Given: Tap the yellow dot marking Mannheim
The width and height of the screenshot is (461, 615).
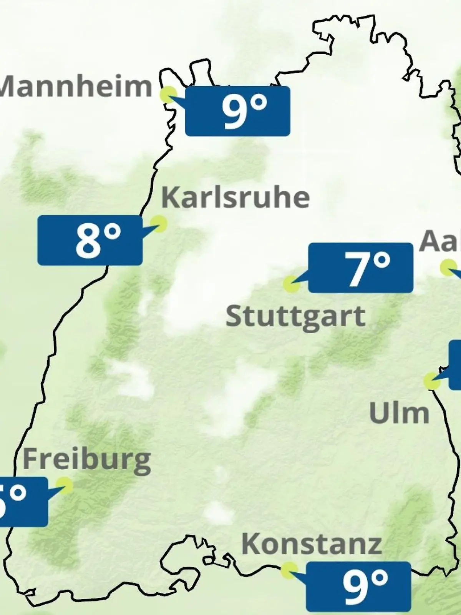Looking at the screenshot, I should pos(168,94).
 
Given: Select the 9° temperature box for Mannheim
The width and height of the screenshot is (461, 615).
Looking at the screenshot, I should pos(237,111).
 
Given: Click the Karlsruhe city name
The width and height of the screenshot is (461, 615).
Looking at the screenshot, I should pos(235,198).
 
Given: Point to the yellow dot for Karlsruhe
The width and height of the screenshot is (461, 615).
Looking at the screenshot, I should pos(158,223).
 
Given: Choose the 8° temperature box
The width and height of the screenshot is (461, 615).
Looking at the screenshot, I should pos(90,240).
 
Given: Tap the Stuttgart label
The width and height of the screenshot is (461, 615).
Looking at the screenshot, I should pos(295,317).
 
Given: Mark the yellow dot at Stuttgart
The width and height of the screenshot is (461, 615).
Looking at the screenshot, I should pos(291,284).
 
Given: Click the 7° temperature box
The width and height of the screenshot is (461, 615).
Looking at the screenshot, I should pos(361,268).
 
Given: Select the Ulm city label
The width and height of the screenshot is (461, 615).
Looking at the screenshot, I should pos(399,413).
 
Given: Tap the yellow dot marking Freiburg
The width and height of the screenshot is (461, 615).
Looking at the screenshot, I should pos(64,485).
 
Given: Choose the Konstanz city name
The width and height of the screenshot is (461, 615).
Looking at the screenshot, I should pos(311,544).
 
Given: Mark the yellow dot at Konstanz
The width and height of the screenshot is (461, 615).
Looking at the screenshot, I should pos(289,570).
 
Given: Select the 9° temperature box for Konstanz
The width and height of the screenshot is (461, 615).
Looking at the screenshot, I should pos(358,586).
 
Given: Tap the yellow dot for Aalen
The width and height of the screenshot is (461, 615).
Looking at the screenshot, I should pos(448,268).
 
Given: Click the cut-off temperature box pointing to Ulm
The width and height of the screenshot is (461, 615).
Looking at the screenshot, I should pos(455,364).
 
